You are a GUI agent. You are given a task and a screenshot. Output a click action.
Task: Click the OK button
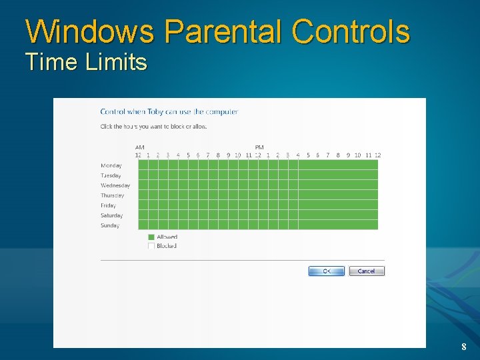(x=326, y=271)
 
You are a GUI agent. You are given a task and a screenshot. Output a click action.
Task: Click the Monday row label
(x=111, y=165)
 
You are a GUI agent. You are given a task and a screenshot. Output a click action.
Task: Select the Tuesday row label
(x=111, y=175)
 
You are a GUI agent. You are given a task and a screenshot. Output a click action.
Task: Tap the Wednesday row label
(x=115, y=185)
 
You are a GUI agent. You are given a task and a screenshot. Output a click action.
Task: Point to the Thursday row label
(x=113, y=195)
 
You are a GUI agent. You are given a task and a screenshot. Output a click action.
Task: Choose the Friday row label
(x=109, y=205)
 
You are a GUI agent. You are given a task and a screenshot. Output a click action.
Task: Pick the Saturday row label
(x=112, y=215)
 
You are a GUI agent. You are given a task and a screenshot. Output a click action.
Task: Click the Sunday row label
(x=110, y=225)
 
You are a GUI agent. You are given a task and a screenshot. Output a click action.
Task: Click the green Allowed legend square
(x=151, y=237)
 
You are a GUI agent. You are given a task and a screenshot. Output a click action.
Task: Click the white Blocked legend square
(x=151, y=246)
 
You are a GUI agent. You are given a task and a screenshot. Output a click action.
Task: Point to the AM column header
(x=139, y=147)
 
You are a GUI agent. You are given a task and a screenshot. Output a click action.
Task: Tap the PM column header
(x=259, y=147)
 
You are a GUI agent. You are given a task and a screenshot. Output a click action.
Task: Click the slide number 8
(x=463, y=347)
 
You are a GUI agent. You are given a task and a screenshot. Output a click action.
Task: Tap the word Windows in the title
(x=90, y=31)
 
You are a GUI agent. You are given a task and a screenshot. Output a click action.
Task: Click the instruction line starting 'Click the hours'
(x=153, y=126)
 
